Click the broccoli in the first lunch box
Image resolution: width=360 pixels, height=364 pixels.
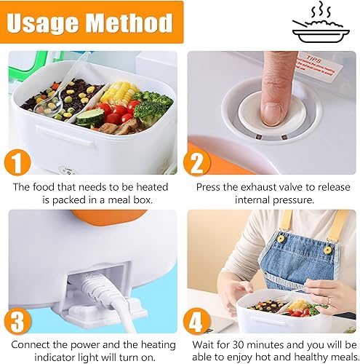pyautogui.click(x=151, y=106)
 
